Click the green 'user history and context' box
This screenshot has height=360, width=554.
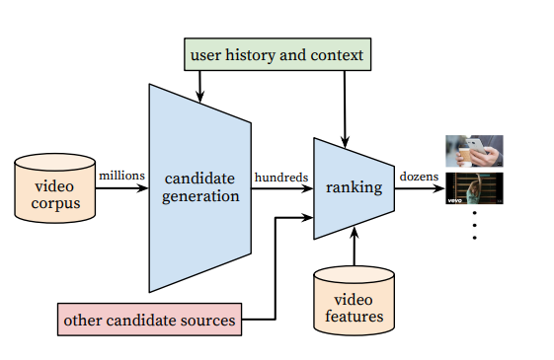click(277, 54)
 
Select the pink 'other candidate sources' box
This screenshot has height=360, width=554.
click(149, 320)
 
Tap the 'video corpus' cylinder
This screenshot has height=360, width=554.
click(54, 188)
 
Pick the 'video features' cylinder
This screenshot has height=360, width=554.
click(354, 301)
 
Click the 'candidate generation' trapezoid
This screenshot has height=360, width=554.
click(200, 188)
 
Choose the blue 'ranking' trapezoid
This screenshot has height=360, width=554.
click(354, 188)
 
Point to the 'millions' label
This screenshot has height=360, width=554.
click(121, 176)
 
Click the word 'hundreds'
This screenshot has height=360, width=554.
click(281, 178)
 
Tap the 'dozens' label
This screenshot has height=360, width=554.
click(419, 177)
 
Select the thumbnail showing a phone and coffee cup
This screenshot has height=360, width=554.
click(474, 151)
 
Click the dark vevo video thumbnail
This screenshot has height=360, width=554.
click(474, 188)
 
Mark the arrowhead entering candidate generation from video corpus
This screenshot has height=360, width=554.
click(142, 188)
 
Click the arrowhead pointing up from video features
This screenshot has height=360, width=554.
click(355, 233)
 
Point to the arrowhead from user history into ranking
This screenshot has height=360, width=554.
click(346, 142)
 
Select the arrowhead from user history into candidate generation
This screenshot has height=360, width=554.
click(200, 97)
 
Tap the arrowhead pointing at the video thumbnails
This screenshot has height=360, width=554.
click(438, 188)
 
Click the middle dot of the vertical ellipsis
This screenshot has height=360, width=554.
click(474, 225)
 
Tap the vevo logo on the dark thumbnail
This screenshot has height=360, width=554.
click(454, 200)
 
